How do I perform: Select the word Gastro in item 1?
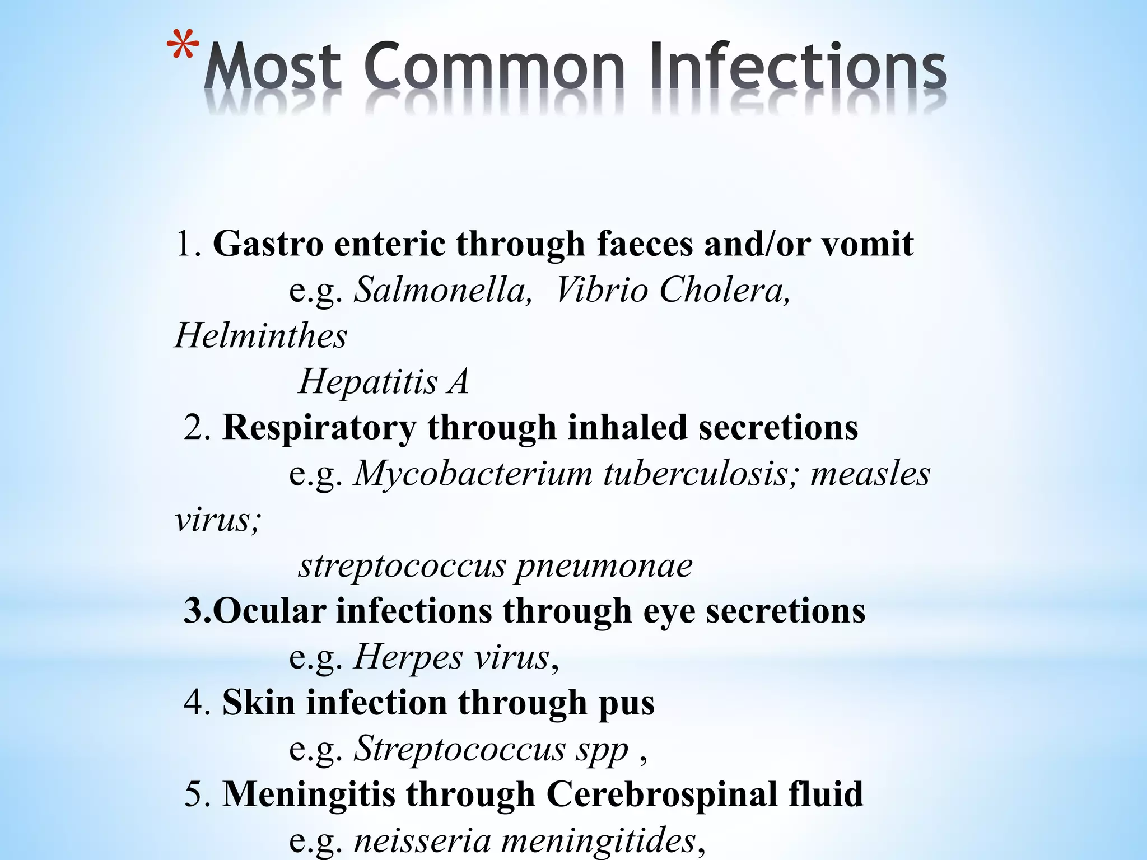pos(268,244)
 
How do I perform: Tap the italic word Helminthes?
pos(261,336)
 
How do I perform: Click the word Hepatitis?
pos(367,382)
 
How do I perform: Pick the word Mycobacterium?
pos(473,474)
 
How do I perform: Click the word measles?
pos(870,474)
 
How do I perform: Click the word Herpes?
pos(408,657)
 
